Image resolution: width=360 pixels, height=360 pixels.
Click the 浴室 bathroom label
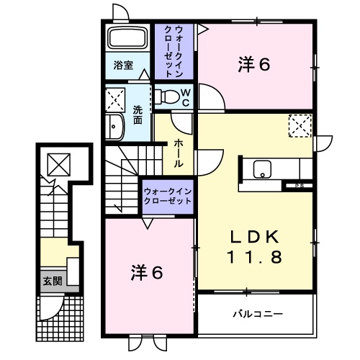pyautogui.click(x=123, y=65)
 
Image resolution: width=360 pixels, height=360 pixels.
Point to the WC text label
pyautogui.click(x=185, y=96)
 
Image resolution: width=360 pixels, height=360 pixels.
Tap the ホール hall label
pyautogui.click(x=178, y=153)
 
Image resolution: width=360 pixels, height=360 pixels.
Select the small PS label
pyautogui.click(x=297, y=186)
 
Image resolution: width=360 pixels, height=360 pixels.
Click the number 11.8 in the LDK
pyautogui.click(x=254, y=256)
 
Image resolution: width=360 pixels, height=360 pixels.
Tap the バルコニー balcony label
pyautogui.click(x=257, y=315)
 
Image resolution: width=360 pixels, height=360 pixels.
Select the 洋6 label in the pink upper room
pyautogui.click(x=254, y=66)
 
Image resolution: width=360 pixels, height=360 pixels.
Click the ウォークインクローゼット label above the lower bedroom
pyautogui.click(x=167, y=196)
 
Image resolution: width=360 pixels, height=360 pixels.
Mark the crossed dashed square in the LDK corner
pyautogui.click(x=297, y=125)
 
